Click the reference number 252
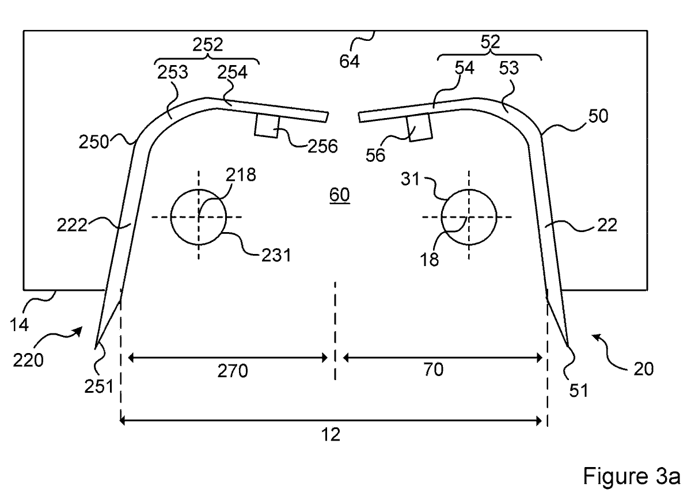point(208,45)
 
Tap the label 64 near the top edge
point(349,61)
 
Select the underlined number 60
point(339,195)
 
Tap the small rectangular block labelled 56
point(419,127)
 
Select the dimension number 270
point(233,371)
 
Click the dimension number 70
point(434,369)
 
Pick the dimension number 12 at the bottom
point(331,435)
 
